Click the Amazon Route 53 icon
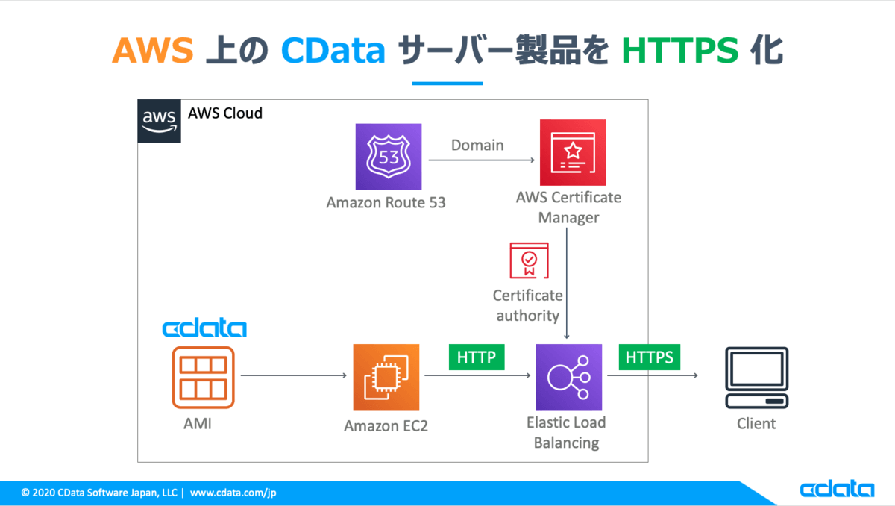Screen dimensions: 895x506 (389, 156)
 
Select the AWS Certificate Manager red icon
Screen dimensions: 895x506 (573, 152)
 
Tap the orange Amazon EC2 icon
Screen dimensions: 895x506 (386, 378)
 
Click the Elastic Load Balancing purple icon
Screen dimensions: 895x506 (569, 378)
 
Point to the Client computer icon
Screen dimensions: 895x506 (757, 378)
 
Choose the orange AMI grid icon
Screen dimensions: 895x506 (203, 378)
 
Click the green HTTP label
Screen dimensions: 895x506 (477, 357)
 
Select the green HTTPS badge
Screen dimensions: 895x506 (650, 357)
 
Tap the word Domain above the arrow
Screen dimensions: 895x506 (477, 145)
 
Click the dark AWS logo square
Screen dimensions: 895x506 (159, 121)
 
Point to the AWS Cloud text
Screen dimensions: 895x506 (225, 113)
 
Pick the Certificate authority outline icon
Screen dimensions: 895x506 (529, 260)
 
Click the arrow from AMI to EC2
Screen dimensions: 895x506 (294, 375)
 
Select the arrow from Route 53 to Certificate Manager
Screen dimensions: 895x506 (482, 160)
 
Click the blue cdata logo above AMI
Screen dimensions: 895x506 (204, 328)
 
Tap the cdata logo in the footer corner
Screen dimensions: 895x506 (837, 488)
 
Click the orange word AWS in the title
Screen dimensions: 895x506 (153, 50)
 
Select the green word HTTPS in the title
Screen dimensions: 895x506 (680, 50)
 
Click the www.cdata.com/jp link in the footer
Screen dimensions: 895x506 (233, 493)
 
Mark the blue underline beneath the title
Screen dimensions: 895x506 (447, 83)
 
